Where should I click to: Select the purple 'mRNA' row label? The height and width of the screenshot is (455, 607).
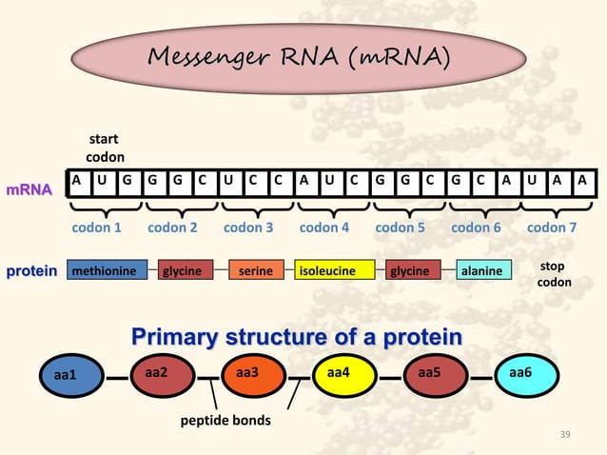point(29,190)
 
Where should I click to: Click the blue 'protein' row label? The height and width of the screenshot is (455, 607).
point(32,271)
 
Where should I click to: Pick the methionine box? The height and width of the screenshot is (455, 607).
point(107,271)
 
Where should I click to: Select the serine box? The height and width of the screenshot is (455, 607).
point(256,271)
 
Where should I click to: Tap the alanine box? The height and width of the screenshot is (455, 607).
point(480,271)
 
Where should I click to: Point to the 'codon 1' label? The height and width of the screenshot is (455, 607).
point(97,228)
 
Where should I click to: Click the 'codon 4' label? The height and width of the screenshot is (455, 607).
point(324,228)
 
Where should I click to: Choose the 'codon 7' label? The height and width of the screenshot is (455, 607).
point(552,228)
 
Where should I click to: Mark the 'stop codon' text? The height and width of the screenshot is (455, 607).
point(556,274)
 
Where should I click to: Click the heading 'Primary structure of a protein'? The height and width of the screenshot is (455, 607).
point(297,337)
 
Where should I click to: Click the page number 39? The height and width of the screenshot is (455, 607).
point(566,435)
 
